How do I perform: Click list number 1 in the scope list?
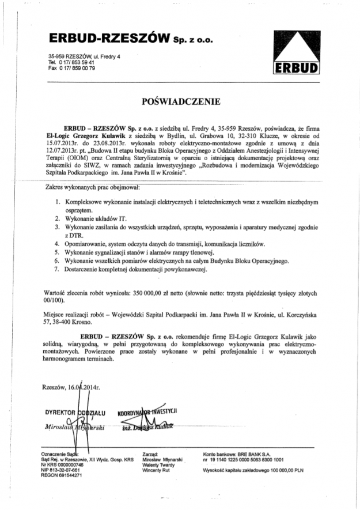58,202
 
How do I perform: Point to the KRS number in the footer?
59,464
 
